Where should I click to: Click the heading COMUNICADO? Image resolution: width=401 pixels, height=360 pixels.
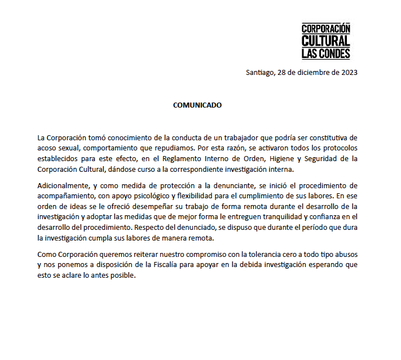pos(197,105)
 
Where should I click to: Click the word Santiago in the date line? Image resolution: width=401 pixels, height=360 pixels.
pos(260,72)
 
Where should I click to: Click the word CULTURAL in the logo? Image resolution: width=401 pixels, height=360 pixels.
pos(325,41)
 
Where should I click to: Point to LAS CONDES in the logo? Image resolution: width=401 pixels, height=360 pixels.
pos(325,54)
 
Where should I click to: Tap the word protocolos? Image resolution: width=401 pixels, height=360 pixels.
pos(337,148)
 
